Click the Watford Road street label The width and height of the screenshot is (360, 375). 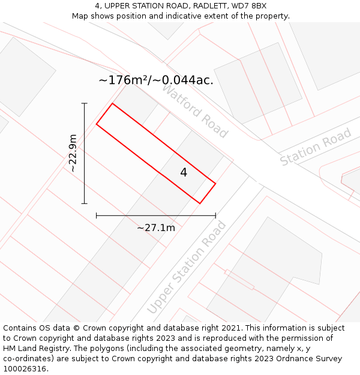[195, 111]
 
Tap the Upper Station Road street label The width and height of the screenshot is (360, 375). [187, 267]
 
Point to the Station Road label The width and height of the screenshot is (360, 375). [316, 148]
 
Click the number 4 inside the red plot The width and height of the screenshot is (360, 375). [184, 173]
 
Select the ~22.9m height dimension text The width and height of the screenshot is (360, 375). [73, 154]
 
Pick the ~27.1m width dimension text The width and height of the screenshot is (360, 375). [156, 227]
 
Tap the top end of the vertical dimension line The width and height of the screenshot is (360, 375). [85, 103]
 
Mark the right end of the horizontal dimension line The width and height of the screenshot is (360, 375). [215, 215]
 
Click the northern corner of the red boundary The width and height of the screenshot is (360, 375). [112, 103]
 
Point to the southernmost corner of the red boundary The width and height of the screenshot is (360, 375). [200, 203]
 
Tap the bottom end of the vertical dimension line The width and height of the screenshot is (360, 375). [85, 203]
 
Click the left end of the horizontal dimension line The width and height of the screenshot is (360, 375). [97, 215]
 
